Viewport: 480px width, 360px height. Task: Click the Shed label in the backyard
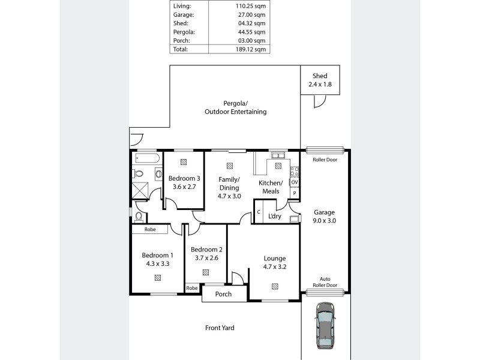pyautogui.click(x=320, y=76)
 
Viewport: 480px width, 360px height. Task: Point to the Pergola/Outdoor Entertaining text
pyautogui.click(x=235, y=107)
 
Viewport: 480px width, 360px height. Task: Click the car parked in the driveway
pyautogui.click(x=325, y=325)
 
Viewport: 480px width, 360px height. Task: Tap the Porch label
pyautogui.click(x=223, y=294)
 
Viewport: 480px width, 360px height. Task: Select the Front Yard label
pyautogui.click(x=220, y=328)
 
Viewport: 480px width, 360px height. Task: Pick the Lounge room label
pyautogui.click(x=274, y=259)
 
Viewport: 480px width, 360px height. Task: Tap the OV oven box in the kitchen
pyautogui.click(x=295, y=182)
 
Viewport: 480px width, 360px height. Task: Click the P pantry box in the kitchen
pyautogui.click(x=295, y=193)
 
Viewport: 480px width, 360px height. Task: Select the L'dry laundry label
pyautogui.click(x=275, y=216)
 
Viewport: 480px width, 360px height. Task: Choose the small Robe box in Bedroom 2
pyautogui.click(x=191, y=288)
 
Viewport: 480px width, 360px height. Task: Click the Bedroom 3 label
pyautogui.click(x=184, y=178)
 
